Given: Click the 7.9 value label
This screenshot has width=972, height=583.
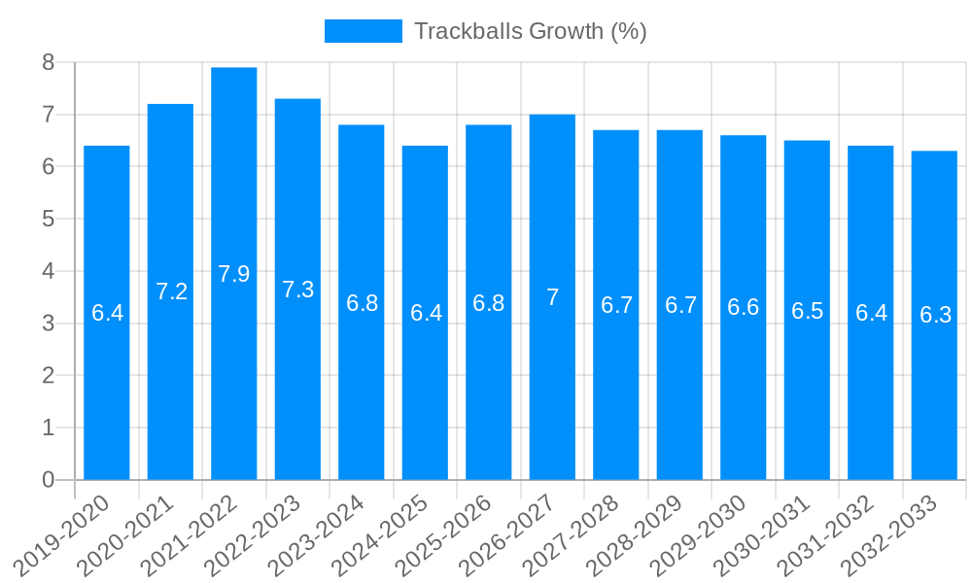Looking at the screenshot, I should point(234,274).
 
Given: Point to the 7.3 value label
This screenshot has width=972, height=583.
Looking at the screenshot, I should point(297,290).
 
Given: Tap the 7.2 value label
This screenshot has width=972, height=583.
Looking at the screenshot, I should point(171,291).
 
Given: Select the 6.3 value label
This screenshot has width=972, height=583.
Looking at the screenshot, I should point(935,315).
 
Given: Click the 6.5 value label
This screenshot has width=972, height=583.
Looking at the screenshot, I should point(807,311).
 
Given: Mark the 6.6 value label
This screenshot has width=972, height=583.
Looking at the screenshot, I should point(744,307).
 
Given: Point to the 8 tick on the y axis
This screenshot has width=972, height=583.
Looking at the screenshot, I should point(48,63).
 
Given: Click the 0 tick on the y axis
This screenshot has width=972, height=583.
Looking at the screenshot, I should point(48,480).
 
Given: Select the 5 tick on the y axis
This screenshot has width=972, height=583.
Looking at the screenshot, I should point(48,220).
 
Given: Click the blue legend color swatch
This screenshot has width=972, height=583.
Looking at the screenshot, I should point(363,31).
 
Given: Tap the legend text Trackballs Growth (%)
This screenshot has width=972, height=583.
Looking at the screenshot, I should point(530,31).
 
